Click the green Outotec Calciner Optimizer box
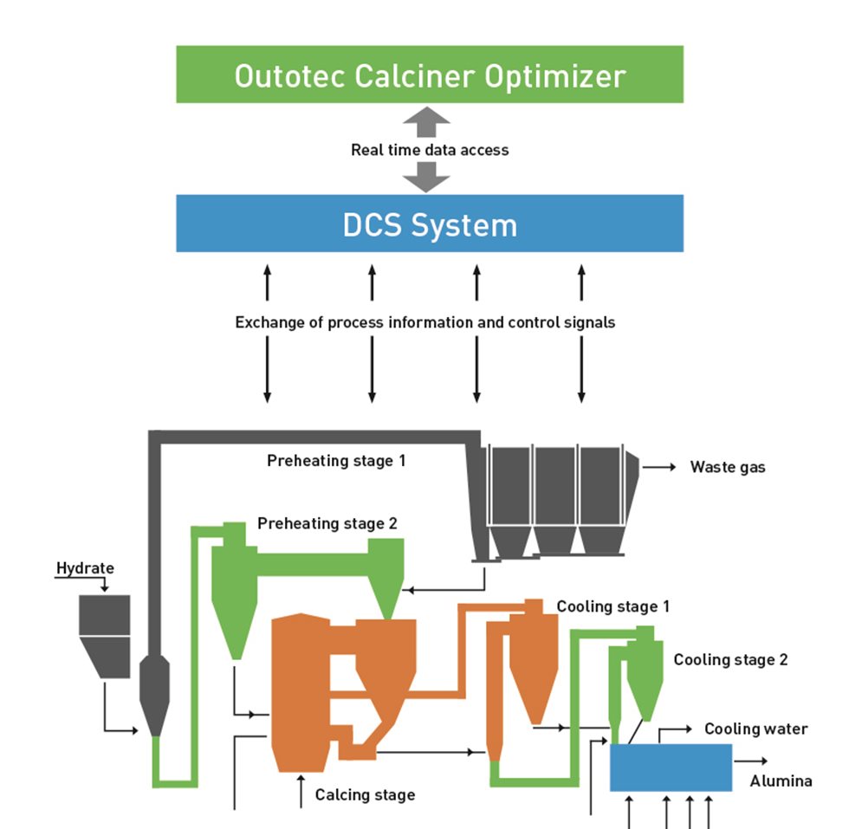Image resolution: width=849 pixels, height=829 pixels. pyautogui.click(x=430, y=75)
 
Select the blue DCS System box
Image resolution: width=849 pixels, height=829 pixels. pyautogui.click(x=430, y=224)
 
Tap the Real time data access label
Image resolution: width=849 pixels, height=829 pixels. pyautogui.click(x=430, y=150)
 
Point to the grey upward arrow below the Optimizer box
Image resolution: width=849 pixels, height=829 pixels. pyautogui.click(x=426, y=123)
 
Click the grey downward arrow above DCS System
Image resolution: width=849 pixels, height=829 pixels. pyautogui.click(x=426, y=178)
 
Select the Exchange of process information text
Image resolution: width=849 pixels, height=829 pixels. pyautogui.click(x=424, y=322)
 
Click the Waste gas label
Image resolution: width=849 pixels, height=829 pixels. pyautogui.click(x=728, y=468)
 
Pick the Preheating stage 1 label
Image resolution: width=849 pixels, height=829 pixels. pyautogui.click(x=336, y=461)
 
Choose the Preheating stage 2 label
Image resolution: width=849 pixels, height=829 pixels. pyautogui.click(x=327, y=524)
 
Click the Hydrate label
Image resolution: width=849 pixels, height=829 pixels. pyautogui.click(x=85, y=569)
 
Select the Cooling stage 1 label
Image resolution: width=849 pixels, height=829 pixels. pyautogui.click(x=612, y=606)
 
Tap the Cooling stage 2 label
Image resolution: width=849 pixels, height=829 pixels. pyautogui.click(x=730, y=660)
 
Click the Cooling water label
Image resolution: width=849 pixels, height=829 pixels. pyautogui.click(x=755, y=729)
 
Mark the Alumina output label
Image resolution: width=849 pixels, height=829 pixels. pyautogui.click(x=781, y=781)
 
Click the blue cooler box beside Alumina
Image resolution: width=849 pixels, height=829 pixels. pyautogui.click(x=671, y=767)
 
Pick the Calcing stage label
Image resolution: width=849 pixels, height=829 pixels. pyautogui.click(x=365, y=794)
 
